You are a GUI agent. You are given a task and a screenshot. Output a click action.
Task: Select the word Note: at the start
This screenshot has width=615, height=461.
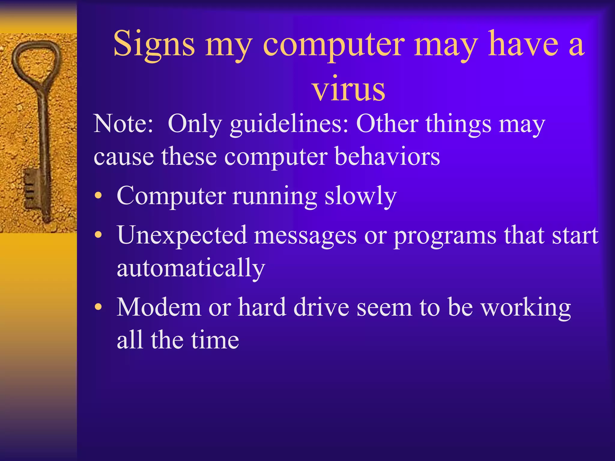[x=123, y=124]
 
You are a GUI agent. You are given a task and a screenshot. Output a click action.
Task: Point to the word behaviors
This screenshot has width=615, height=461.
[x=387, y=157]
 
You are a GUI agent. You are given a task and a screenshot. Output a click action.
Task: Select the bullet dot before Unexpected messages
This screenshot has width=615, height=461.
[x=98, y=235]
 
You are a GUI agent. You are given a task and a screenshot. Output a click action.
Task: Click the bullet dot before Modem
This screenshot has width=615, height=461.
[x=98, y=307]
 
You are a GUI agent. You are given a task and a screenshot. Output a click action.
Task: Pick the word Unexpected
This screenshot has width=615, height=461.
[x=182, y=236]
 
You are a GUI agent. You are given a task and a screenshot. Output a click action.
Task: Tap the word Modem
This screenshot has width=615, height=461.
[x=159, y=307]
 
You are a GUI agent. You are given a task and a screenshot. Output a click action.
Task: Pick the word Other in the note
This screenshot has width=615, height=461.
[x=387, y=124]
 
